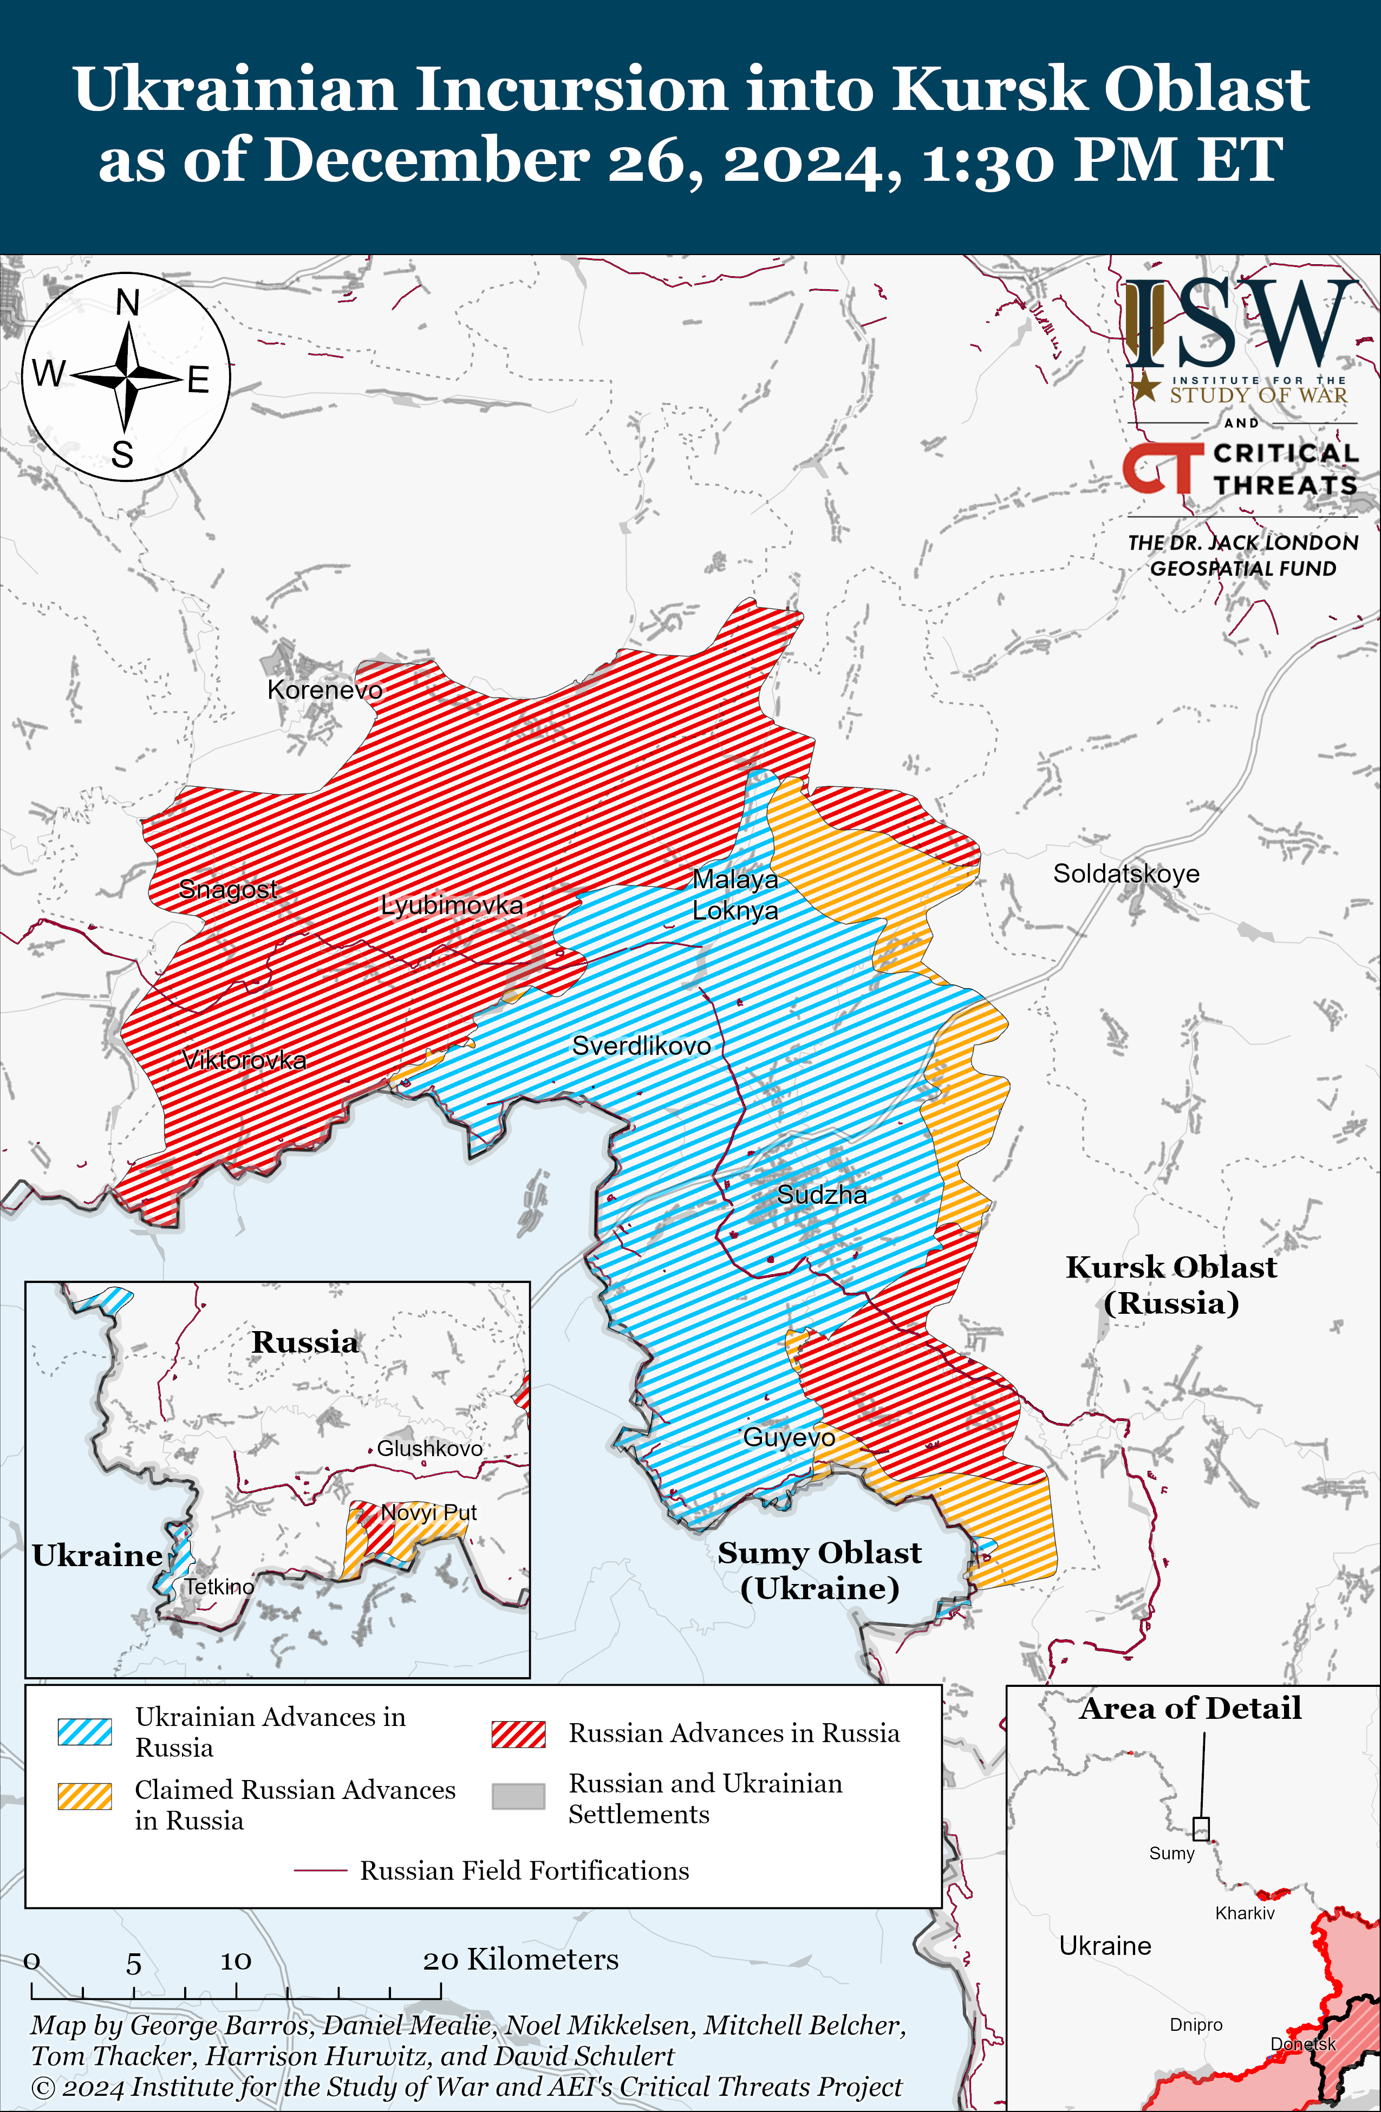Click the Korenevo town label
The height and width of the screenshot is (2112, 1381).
[x=325, y=689]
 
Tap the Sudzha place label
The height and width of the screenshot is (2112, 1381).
[x=822, y=1195]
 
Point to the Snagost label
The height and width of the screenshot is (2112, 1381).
[x=228, y=888]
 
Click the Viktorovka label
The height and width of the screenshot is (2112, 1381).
[x=244, y=1060]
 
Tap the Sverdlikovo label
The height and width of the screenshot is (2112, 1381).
[x=641, y=1045]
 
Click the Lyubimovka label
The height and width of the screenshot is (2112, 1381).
[x=452, y=905]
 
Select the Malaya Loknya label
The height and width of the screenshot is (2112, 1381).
[x=735, y=895]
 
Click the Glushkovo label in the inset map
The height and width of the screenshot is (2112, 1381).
[x=429, y=1448]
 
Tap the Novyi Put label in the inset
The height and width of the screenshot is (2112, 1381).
[x=429, y=1512]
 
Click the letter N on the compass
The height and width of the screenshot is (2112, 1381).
[x=128, y=303]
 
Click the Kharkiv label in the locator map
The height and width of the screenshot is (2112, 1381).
[x=1245, y=1913]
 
